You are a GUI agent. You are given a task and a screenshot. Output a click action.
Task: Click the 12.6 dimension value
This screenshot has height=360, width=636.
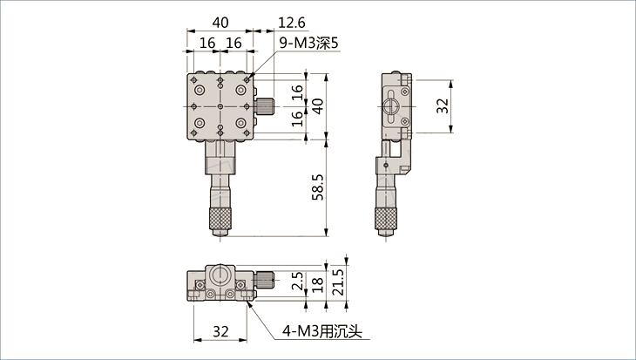click(x=292, y=23)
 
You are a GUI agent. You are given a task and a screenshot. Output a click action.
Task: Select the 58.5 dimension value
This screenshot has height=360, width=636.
click(x=318, y=187)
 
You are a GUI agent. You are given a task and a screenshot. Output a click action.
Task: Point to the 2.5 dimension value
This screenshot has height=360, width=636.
click(x=297, y=281)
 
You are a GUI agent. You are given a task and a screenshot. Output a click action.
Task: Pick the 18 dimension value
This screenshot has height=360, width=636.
click(x=318, y=285)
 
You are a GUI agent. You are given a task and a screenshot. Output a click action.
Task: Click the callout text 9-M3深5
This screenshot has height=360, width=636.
click(x=308, y=43)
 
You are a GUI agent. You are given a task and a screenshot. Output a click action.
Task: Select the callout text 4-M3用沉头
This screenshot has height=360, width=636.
click(x=321, y=332)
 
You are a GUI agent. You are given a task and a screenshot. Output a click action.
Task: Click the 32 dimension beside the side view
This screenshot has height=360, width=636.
click(x=443, y=106)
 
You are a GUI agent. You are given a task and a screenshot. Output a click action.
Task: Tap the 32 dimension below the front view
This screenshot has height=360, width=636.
click(x=220, y=331)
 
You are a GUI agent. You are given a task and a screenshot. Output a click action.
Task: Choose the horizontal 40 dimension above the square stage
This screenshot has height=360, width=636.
click(x=220, y=23)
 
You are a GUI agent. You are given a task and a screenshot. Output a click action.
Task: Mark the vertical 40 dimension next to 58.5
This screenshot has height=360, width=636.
click(x=318, y=106)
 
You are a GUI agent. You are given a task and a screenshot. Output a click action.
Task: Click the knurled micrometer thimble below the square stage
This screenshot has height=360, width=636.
click(x=220, y=218)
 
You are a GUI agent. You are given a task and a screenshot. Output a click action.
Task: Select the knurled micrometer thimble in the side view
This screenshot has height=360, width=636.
click(x=386, y=219)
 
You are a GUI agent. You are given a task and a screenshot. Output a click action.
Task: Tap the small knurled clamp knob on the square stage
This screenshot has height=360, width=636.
click(x=265, y=106)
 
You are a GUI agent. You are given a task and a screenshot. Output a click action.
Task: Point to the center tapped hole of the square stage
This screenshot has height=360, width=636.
click(x=220, y=106)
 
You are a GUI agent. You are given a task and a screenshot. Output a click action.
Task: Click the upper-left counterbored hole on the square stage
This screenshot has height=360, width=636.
click(x=200, y=90)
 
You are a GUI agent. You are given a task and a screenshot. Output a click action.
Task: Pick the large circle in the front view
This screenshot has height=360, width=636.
click(x=220, y=275)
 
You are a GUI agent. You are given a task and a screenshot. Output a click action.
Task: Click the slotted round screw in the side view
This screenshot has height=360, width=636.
click(x=390, y=106)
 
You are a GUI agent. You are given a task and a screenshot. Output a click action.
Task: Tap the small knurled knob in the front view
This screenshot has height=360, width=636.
click(x=265, y=280)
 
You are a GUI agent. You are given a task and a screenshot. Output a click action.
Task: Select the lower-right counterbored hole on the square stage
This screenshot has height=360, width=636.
click(x=241, y=123)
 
